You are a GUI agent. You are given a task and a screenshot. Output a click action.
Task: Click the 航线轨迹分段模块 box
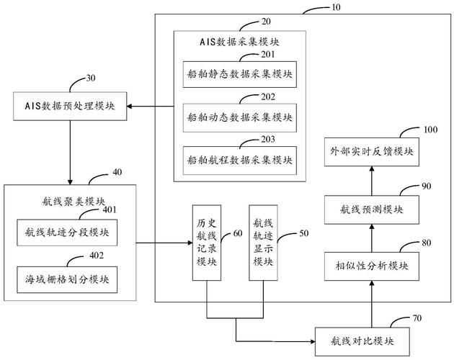pos(66,232)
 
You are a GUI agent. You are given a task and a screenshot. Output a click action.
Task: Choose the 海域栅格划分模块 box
pos(66,276)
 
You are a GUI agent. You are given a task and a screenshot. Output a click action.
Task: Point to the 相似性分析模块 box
pos(371,266)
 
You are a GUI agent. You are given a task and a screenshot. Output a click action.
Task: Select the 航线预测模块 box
pos(371,209)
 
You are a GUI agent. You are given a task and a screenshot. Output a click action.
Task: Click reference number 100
pos(429,129)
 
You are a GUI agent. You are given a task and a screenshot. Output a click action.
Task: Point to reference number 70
pos(417,316)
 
